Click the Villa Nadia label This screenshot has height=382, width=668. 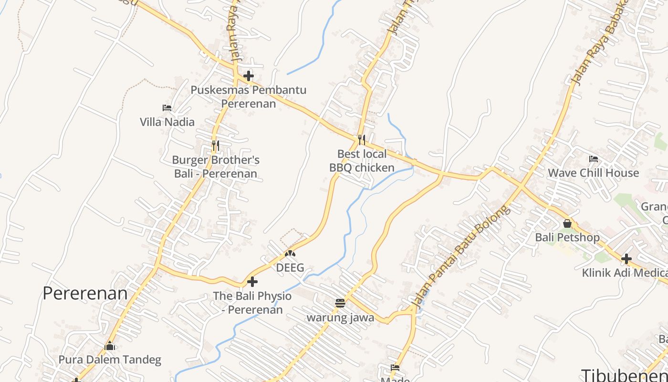pos(167,122)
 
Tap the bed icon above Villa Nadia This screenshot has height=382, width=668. pos(167,108)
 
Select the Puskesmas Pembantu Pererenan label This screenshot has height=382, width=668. pos(248,96)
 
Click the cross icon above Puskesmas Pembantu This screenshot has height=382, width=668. pos(248,75)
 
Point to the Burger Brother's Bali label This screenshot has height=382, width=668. pos(216,167)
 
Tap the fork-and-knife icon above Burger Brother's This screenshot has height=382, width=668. pos(216,145)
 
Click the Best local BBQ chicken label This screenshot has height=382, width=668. pos(362,160)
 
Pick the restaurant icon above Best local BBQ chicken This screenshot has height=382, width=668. pos(362,139)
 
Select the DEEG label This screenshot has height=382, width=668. pos(290,268)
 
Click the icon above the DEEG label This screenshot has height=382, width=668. pos(290,254)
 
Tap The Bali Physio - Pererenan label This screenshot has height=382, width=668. pos(252,302)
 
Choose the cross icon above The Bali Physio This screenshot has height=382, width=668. pos(252,282)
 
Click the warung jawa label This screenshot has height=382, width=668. pos(340,318)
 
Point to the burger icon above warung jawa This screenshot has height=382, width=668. pos(340,303)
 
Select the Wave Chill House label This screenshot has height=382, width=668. pos(593,173)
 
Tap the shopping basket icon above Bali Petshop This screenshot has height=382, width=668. pos(567,223)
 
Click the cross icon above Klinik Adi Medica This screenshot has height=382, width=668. pos(626,259)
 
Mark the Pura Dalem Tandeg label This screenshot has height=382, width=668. pos(110,360)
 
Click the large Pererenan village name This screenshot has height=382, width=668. pos(85,293)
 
